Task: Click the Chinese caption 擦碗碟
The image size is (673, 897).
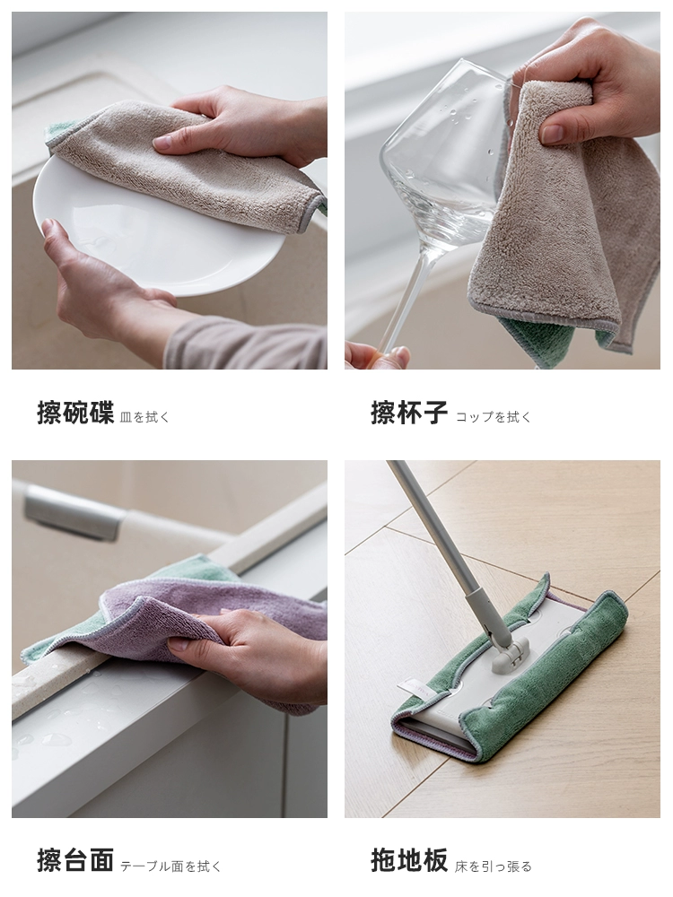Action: [x=75, y=413]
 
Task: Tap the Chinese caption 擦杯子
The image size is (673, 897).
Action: [x=408, y=413]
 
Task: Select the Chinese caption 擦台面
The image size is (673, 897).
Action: [x=75, y=861]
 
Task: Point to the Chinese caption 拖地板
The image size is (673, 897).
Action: [x=408, y=861]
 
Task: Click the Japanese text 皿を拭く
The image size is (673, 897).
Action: [x=145, y=417]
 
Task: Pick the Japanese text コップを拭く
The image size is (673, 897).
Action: [x=494, y=417]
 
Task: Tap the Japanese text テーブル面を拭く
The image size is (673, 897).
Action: [x=170, y=867]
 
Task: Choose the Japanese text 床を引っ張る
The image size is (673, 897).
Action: [x=494, y=867]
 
